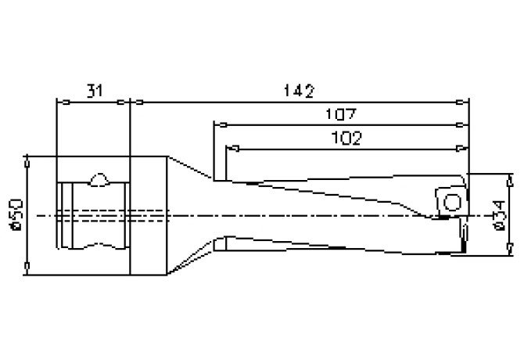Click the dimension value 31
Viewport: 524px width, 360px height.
tap(93, 91)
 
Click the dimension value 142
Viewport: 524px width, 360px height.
tap(298, 91)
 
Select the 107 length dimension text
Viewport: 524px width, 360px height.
tap(341, 114)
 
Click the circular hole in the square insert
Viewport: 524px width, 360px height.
tap(451, 203)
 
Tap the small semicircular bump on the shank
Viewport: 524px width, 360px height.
tap(99, 180)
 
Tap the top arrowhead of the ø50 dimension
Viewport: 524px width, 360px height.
tap(28, 159)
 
